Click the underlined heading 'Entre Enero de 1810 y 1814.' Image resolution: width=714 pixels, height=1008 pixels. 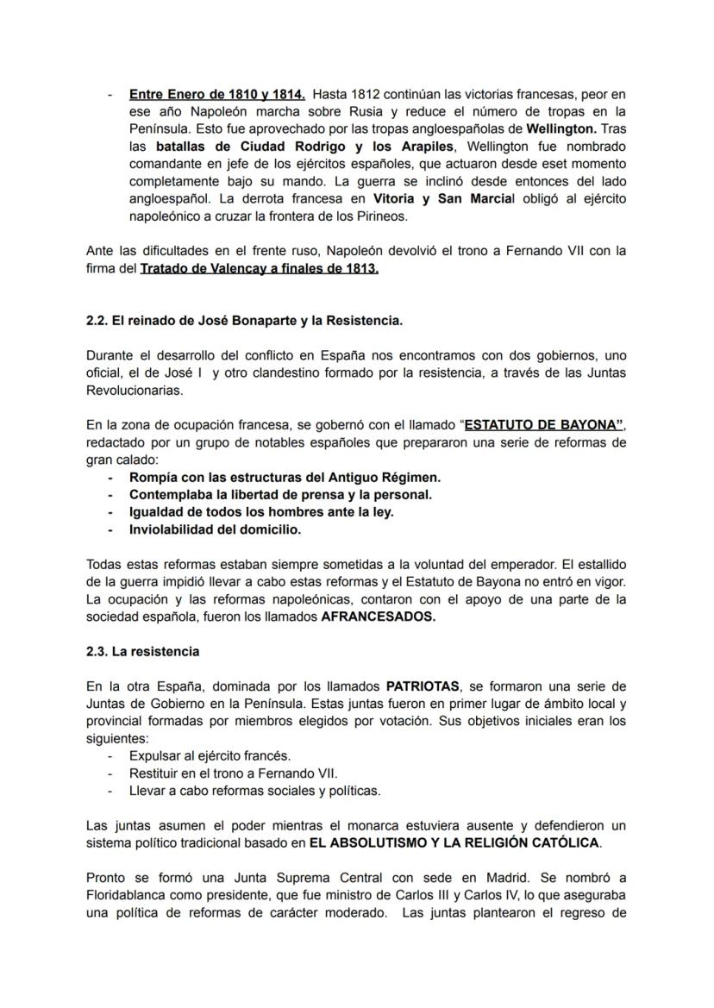(216, 94)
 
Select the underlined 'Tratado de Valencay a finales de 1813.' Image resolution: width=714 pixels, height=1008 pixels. (260, 268)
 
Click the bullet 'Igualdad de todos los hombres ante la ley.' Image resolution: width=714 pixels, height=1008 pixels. (261, 512)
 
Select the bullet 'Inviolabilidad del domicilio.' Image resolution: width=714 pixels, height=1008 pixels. (215, 529)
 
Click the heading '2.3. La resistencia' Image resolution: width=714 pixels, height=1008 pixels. (143, 651)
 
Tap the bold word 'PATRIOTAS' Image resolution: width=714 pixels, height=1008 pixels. (423, 686)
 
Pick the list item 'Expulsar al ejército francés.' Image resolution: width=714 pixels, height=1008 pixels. (210, 756)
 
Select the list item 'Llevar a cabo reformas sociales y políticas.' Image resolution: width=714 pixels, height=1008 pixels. (254, 791)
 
